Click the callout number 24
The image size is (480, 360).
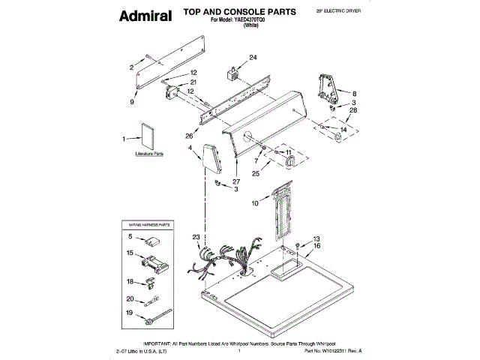252,58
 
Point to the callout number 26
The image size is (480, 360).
189,136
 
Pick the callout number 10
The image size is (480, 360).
254,202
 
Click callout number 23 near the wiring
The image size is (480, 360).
196,238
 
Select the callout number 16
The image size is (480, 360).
316,245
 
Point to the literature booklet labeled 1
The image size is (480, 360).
146,137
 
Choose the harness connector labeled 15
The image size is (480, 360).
154,264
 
